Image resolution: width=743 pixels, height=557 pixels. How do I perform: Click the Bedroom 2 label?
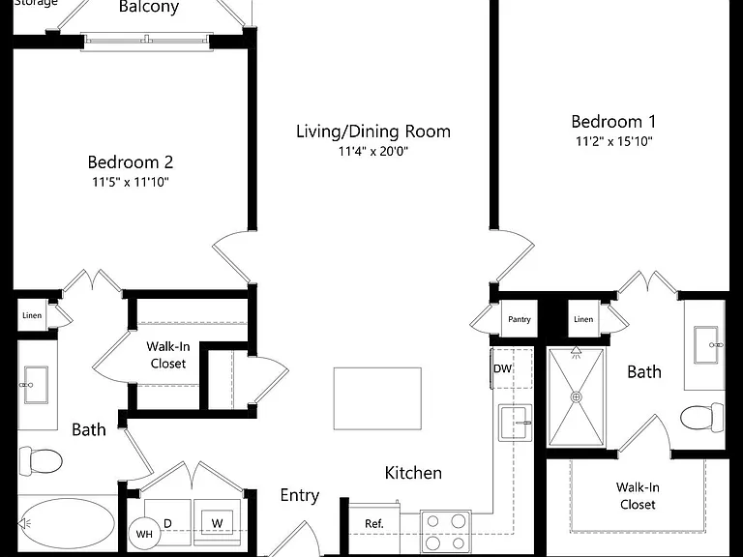(131, 162)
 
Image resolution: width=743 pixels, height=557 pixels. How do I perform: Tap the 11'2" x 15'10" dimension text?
(614, 141)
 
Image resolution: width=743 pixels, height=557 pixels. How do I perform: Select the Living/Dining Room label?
(373, 132)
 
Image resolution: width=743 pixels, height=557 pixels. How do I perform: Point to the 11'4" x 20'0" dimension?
(373, 151)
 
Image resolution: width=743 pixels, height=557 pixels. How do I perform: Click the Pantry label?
(520, 319)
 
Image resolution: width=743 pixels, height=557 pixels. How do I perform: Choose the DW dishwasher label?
(502, 368)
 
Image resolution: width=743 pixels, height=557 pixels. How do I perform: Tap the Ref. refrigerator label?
(374, 523)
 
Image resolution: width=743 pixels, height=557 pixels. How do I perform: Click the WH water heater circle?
(144, 534)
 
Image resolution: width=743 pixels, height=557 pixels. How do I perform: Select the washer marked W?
(217, 522)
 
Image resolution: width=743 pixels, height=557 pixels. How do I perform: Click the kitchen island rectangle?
(377, 398)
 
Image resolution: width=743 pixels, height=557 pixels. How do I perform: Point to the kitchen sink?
(515, 423)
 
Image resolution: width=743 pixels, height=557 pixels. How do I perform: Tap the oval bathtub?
(67, 523)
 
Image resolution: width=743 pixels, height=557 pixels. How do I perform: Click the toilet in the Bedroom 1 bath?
(701, 418)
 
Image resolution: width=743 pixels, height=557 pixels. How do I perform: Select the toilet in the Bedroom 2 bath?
(41, 461)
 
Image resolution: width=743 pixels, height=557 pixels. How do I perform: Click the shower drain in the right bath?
(577, 396)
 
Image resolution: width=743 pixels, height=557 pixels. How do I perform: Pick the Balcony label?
(149, 7)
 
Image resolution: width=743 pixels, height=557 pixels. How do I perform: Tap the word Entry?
(300, 496)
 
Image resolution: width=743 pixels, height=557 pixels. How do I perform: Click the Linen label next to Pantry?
(583, 319)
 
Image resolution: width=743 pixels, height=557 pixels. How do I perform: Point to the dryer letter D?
(167, 523)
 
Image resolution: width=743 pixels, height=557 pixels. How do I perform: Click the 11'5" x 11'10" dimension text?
(131, 182)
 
